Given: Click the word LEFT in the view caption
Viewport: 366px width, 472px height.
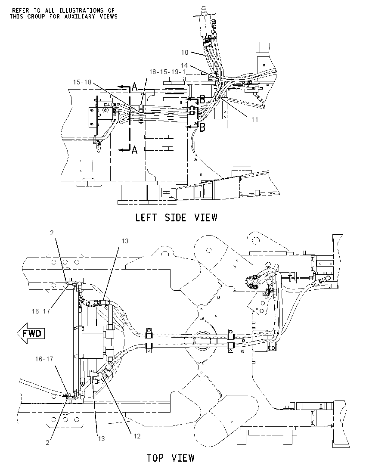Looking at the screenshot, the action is point(146,217).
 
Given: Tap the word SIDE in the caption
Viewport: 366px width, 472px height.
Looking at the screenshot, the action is point(176,217).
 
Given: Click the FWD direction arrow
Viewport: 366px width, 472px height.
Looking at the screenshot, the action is point(31,333).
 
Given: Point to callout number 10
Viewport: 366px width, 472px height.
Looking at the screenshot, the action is point(184,53).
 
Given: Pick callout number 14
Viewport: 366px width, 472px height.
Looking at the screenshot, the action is point(184,65).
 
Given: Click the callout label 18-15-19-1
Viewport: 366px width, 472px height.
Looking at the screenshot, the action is point(167,72).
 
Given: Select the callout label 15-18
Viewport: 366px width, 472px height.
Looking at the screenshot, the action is point(82,82).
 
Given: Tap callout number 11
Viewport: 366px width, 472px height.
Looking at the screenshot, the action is point(254,119).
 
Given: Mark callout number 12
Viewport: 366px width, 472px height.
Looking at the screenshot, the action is point(137,436).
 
